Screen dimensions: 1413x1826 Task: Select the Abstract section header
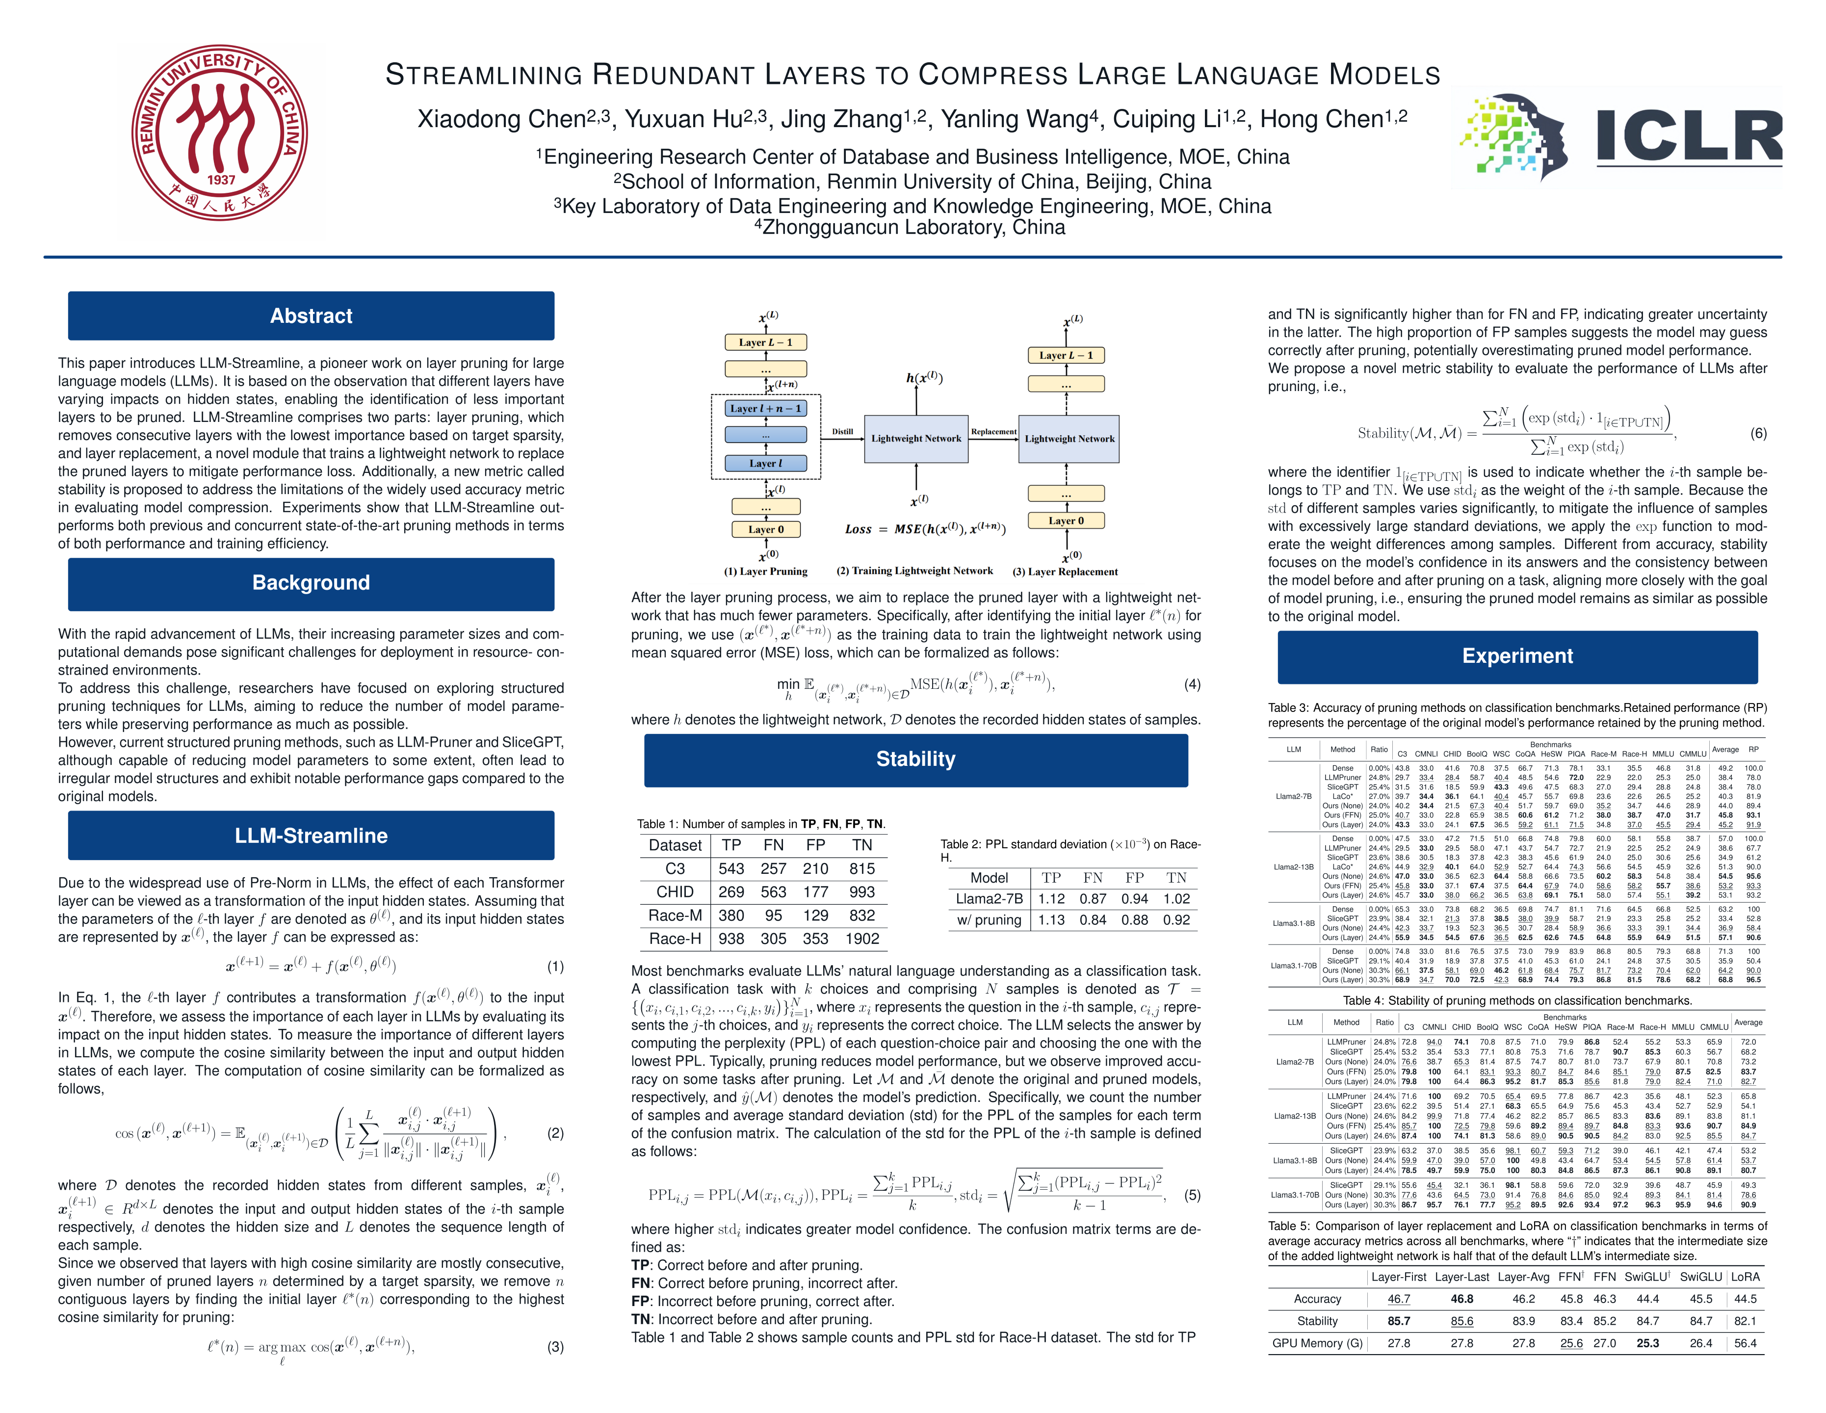coord(311,316)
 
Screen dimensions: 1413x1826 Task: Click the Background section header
coord(311,583)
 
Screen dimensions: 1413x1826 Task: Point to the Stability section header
coord(915,759)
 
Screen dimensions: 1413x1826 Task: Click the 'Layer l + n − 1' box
coord(765,409)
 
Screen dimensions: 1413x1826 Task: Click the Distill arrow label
coord(842,431)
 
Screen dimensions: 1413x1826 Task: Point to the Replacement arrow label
coord(993,431)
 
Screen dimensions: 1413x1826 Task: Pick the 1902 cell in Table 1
coord(862,939)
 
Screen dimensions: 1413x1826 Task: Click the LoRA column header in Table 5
coord(1745,1277)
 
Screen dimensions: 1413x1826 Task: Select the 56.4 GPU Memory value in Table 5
coord(1745,1344)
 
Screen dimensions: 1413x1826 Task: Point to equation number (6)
coord(1758,433)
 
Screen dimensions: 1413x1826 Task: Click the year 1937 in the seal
coord(222,180)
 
